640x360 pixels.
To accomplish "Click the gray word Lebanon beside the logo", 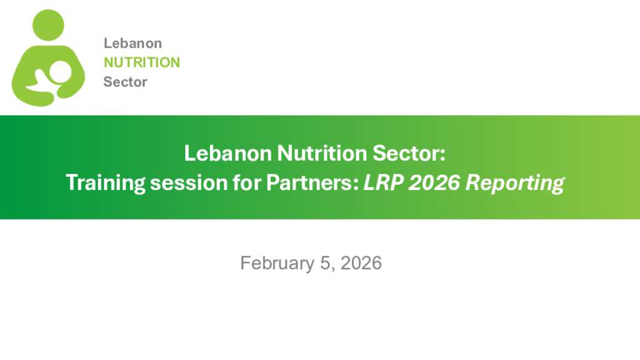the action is (x=132, y=43).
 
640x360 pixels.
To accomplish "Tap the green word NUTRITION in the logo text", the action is (x=142, y=62).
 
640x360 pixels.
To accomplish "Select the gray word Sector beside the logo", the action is (x=125, y=82).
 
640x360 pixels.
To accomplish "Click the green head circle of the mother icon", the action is (x=48, y=25).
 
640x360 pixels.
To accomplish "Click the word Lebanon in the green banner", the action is (x=227, y=154).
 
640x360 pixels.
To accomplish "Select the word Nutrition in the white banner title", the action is (x=322, y=154).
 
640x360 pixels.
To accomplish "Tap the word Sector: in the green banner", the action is (x=409, y=154).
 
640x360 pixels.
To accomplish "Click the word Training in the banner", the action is (x=105, y=182).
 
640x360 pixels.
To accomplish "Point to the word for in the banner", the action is (x=247, y=182).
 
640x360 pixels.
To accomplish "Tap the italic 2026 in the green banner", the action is (x=434, y=182).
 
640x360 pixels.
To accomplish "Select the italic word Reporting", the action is (x=515, y=183).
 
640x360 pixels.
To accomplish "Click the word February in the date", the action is (x=277, y=263).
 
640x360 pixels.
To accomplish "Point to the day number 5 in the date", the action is (x=325, y=263).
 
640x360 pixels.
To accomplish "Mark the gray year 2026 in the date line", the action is (x=361, y=263).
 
